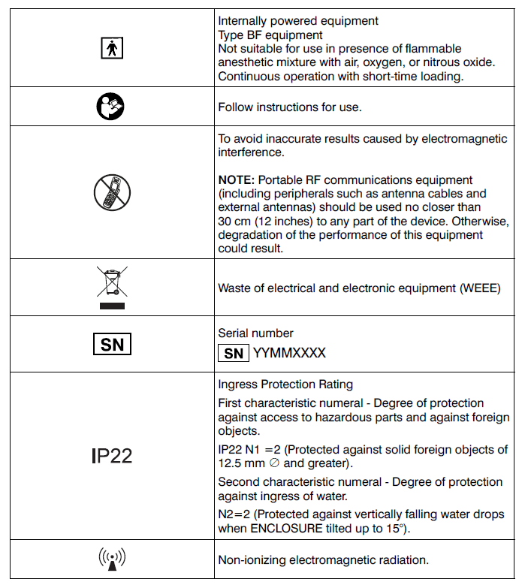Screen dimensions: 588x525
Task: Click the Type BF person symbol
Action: [111, 48]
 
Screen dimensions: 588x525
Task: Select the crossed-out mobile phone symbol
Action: [112, 192]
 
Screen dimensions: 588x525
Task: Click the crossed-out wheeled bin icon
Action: [111, 287]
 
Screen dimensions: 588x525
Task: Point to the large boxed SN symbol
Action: [111, 344]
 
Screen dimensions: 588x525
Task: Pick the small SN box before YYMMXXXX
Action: [234, 352]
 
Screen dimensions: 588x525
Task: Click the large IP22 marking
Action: [111, 455]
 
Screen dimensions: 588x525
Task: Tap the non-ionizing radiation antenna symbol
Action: [111, 559]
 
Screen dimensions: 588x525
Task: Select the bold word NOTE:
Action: [235, 180]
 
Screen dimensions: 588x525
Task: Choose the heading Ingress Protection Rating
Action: [285, 384]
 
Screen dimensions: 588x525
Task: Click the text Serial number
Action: [255, 333]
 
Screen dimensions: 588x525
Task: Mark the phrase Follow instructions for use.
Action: [289, 107]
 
